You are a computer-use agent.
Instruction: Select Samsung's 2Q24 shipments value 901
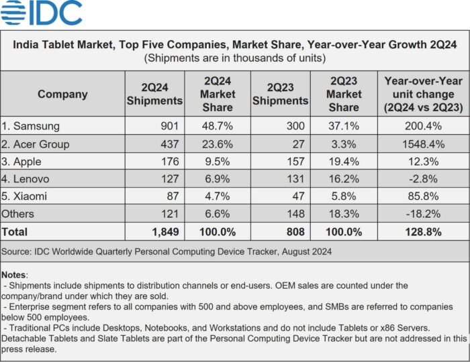pyautogui.click(x=169, y=126)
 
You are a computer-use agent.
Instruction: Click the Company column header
pyautogui.click(x=62, y=94)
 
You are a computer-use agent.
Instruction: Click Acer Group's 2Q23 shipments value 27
pyautogui.click(x=297, y=144)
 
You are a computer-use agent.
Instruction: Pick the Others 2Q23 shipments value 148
pyautogui.click(x=293, y=215)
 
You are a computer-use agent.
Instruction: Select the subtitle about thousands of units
pyautogui.click(x=234, y=58)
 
